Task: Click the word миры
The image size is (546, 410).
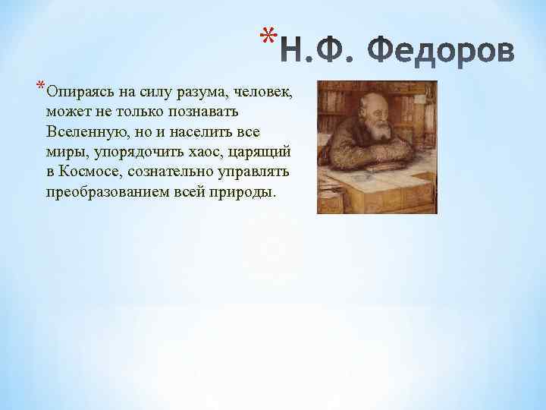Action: click(x=61, y=152)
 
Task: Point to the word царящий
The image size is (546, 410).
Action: click(x=258, y=152)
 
